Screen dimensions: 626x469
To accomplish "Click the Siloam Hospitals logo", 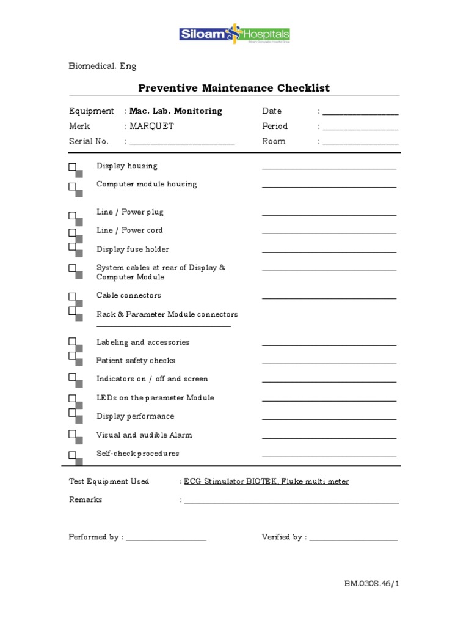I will click(x=234, y=34).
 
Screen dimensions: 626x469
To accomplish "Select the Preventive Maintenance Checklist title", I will click(x=234, y=88).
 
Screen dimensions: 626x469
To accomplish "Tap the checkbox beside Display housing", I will click(x=73, y=167).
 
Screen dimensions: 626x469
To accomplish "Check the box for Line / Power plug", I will click(x=73, y=216).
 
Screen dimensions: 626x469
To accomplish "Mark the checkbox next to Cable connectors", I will click(x=73, y=296).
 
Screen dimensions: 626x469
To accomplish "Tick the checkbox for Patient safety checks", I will click(x=73, y=356).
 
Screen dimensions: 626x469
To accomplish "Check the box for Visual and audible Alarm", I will click(x=73, y=435).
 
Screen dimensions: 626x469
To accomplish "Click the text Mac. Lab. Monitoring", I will click(x=176, y=111).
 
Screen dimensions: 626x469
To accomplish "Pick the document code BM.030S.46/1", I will click(x=372, y=584).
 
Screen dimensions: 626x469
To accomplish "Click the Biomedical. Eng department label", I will click(x=103, y=66).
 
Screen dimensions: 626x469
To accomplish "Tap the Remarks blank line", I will click(x=291, y=502).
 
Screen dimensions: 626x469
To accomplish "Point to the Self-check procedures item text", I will click(x=138, y=454).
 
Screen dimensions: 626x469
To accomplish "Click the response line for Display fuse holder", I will click(x=329, y=251).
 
